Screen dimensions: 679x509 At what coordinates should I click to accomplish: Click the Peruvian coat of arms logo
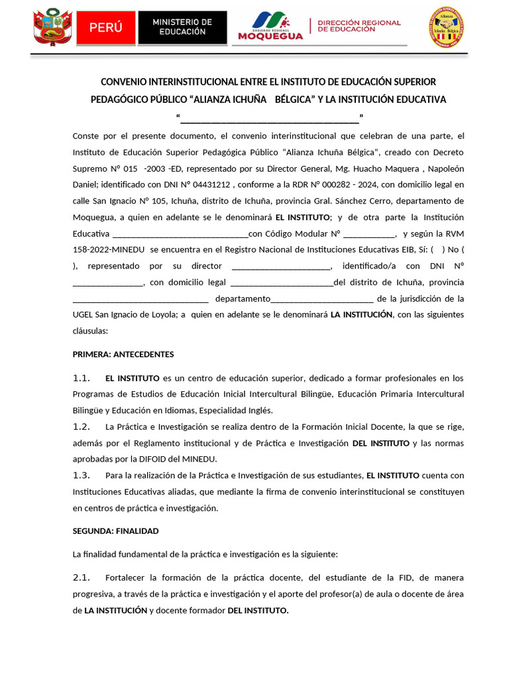(x=53, y=27)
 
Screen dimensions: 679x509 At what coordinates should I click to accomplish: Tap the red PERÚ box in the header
(x=106, y=27)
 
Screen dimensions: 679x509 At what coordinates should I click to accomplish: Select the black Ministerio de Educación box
(x=182, y=27)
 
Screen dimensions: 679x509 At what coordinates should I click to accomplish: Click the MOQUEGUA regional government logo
(x=270, y=27)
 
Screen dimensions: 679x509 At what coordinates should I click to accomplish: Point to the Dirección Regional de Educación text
(x=359, y=26)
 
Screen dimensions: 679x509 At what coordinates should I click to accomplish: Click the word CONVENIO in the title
(x=124, y=82)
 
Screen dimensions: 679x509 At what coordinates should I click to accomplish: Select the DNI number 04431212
(x=211, y=184)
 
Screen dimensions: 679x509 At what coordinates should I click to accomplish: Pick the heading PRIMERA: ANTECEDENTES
(x=123, y=354)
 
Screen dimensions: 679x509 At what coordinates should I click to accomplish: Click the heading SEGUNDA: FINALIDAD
(x=115, y=531)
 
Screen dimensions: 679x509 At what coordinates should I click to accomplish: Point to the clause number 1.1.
(x=82, y=378)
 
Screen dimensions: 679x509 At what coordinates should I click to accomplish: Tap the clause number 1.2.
(x=82, y=426)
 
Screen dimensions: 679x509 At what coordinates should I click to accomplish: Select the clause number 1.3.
(x=82, y=475)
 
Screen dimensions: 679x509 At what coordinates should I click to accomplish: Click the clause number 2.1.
(x=82, y=578)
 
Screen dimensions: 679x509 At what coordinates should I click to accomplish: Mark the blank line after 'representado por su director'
(x=281, y=266)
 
